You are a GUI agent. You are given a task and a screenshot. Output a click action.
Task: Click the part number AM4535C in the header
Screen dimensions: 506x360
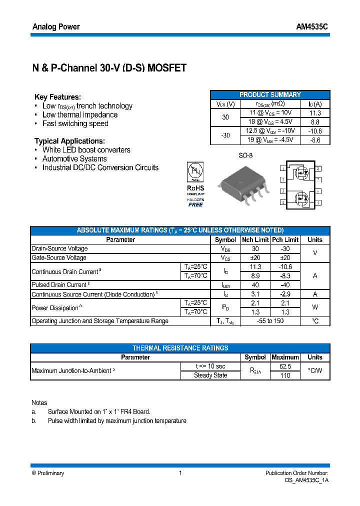(312, 26)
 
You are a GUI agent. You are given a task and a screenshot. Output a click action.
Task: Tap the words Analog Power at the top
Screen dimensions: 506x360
(55, 26)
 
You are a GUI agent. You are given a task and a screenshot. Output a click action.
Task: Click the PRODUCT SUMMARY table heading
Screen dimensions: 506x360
(270, 94)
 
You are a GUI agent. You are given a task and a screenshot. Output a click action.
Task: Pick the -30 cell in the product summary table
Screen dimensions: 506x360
(225, 135)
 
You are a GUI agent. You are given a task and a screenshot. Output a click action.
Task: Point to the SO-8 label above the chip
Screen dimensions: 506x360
(245, 155)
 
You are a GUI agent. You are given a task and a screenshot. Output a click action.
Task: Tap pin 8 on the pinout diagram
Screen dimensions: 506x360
(318, 169)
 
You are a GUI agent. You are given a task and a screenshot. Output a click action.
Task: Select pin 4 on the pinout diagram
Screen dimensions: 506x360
(283, 202)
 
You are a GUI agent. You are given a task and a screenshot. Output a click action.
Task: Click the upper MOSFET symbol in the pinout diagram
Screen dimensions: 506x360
(301, 173)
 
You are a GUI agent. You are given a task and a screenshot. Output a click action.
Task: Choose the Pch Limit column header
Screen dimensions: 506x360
(285, 239)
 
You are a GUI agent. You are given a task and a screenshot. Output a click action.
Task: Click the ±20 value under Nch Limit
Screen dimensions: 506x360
(255, 257)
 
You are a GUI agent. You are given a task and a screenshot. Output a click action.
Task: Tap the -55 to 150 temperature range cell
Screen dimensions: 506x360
(270, 321)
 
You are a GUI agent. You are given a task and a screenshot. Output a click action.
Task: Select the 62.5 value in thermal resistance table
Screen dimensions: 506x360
(285, 366)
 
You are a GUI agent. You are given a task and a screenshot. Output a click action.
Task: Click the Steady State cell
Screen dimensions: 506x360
(210, 375)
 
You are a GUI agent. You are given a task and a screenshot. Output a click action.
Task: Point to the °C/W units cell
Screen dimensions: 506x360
(315, 370)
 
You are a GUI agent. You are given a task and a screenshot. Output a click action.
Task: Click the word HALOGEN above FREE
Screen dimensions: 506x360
(196, 199)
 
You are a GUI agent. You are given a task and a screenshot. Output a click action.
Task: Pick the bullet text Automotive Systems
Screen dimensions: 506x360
(74, 158)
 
